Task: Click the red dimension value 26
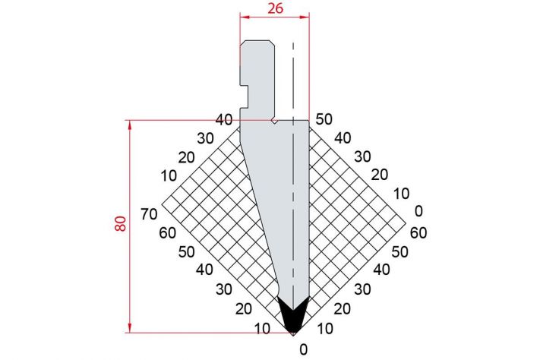tap(276, 8)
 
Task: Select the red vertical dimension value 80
tap(121, 224)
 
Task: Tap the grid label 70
tap(149, 214)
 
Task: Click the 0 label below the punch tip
tap(303, 349)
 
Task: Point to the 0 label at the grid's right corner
tap(418, 211)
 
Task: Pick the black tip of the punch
tap(292, 315)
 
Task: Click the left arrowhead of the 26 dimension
tap(244, 17)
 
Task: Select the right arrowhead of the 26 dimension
tap(305, 17)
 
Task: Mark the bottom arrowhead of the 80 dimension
tap(130, 328)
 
